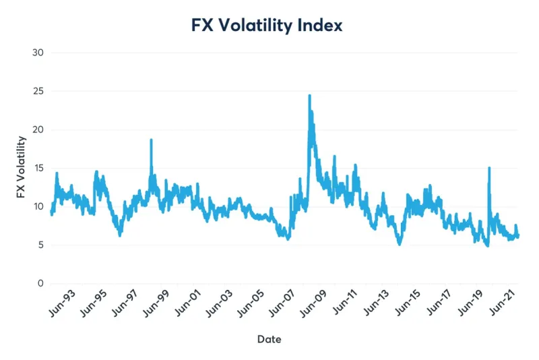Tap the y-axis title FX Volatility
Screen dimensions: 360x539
coord(22,169)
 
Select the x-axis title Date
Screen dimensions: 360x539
coord(269,339)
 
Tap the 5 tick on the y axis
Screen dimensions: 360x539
coord(40,245)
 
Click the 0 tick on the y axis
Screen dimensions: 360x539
coord(40,283)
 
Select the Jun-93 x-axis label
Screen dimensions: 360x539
coord(65,305)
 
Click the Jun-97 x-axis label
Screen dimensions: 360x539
coord(128,305)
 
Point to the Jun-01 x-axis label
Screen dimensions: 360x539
coord(191,305)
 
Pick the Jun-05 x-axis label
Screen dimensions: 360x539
coord(255,305)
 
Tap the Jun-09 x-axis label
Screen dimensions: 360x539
coord(318,305)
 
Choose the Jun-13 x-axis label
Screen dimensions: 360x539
coord(381,305)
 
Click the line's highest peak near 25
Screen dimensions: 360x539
coord(309,95)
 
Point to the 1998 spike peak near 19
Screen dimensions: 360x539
coord(152,140)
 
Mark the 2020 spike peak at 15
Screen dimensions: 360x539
coord(489,167)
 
